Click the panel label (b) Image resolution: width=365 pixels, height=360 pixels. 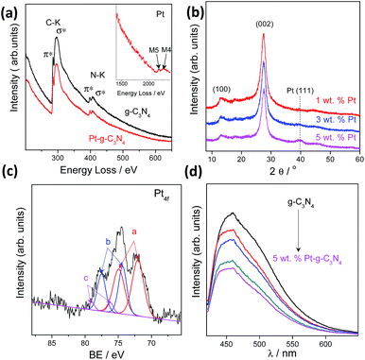click(x=199, y=9)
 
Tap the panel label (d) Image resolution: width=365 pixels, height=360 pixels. click(x=199, y=189)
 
